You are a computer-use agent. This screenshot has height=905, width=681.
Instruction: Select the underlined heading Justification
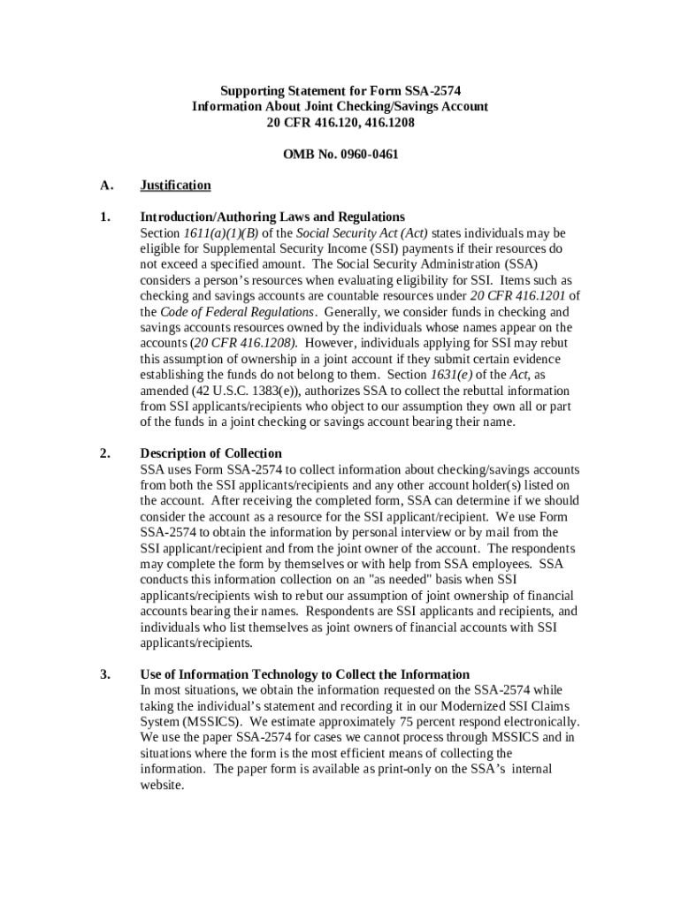(176, 185)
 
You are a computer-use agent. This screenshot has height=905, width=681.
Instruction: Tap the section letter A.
(107, 185)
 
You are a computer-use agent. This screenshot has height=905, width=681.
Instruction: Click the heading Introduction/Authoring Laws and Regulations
(272, 217)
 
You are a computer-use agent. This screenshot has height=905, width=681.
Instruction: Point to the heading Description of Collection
(211, 453)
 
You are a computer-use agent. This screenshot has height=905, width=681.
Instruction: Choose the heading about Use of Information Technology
(305, 674)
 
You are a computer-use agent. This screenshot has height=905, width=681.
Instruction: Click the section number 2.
(105, 453)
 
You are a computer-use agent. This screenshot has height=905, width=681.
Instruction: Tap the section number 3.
(105, 674)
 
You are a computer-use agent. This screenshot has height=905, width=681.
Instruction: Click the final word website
(161, 785)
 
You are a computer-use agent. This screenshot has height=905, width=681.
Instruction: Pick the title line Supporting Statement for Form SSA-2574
(340, 90)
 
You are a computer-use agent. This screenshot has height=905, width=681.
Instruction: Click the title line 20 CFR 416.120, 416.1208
(340, 122)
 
